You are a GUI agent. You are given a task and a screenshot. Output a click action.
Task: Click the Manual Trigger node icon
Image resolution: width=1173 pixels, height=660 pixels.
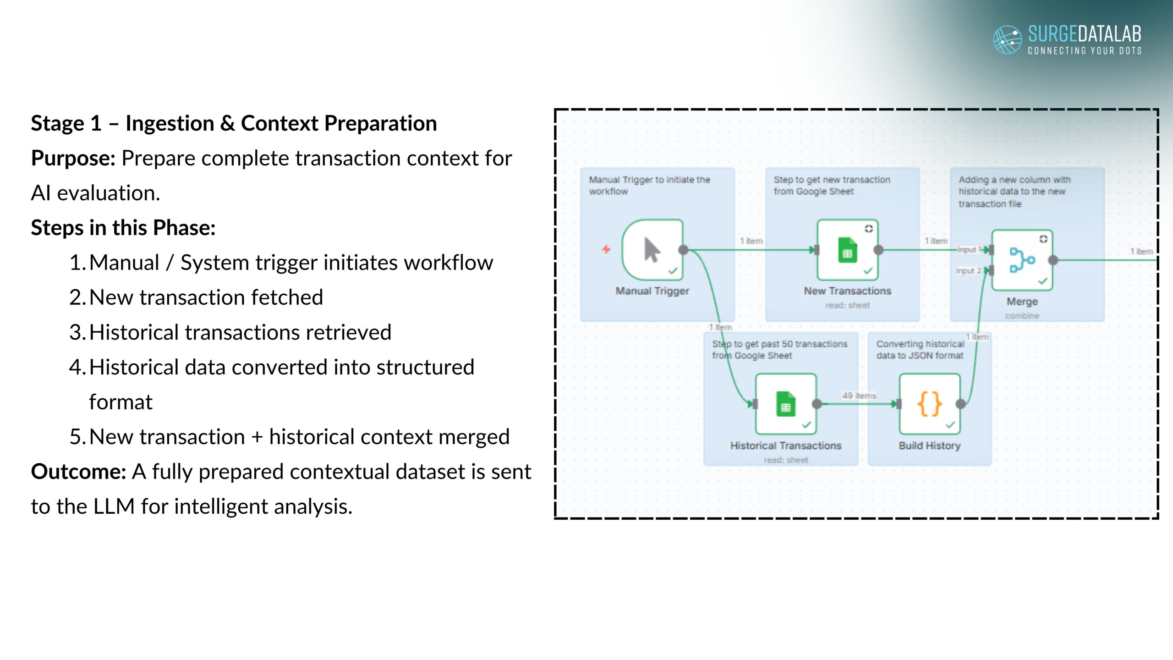pos(652,250)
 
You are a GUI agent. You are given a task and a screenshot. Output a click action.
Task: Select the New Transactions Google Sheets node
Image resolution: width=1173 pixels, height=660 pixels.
pos(848,250)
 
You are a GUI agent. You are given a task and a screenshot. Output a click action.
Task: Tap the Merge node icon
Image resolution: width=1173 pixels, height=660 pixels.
pos(1022,260)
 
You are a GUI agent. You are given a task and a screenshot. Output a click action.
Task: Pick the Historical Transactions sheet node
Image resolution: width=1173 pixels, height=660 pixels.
pos(786,404)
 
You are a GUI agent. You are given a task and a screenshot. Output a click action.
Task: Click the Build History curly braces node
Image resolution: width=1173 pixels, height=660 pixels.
pos(930,404)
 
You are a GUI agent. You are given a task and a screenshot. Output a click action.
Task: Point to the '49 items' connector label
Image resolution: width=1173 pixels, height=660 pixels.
pos(859,396)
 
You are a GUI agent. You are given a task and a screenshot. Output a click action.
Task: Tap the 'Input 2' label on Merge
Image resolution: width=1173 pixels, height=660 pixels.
pos(968,271)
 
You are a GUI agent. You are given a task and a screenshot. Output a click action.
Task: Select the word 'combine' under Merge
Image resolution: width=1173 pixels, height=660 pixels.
pos(1022,316)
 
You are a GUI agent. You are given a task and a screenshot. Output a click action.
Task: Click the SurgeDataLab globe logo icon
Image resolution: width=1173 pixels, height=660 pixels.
pos(1007,39)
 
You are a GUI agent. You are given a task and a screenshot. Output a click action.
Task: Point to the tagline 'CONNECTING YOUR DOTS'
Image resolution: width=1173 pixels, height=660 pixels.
pos(1085,51)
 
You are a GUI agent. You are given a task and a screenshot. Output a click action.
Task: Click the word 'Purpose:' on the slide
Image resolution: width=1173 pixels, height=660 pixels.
pos(73,159)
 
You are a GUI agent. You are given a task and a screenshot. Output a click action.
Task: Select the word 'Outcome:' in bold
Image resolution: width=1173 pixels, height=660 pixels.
pos(78,472)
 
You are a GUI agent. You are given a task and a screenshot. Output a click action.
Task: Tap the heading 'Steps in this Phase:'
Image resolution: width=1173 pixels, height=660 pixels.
pos(123,228)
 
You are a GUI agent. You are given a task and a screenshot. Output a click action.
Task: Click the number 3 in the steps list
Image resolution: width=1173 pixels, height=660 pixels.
pos(76,332)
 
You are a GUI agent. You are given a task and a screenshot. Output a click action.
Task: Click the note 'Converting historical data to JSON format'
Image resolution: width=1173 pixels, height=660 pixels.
pos(920,350)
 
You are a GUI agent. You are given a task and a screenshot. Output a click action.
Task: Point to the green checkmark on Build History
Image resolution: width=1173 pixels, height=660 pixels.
pos(951,425)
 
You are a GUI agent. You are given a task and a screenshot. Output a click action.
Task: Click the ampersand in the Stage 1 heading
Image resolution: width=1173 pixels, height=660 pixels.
pos(227,124)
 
